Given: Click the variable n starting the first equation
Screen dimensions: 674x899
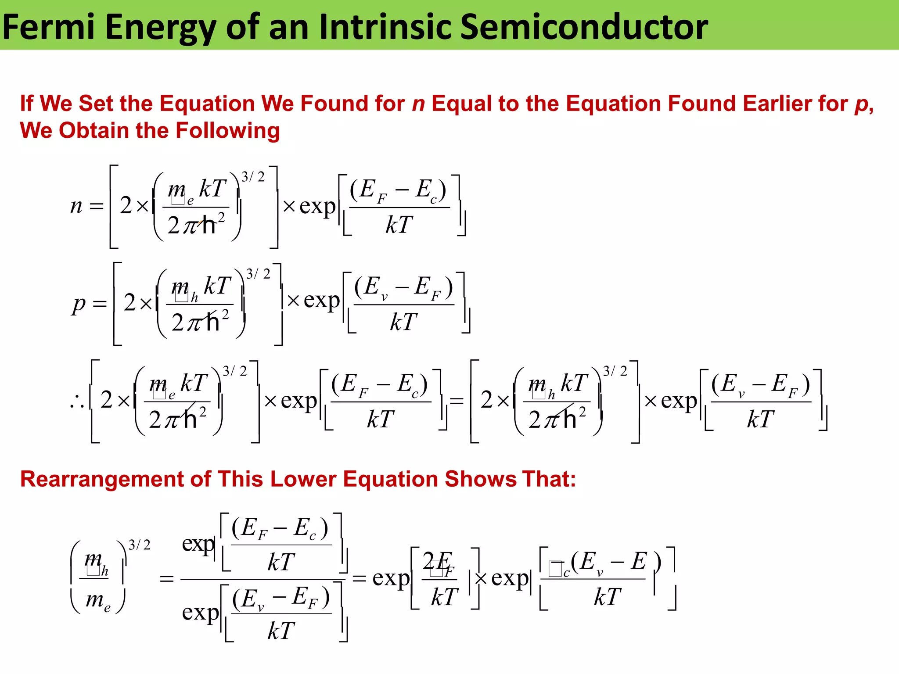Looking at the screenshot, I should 76,205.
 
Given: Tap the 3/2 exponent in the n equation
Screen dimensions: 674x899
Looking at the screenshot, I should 253,177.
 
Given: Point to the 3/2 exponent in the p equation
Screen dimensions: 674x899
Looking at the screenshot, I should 258,274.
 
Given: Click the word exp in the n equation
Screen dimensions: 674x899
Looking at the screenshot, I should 317,206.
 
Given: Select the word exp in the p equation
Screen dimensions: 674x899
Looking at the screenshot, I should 322,300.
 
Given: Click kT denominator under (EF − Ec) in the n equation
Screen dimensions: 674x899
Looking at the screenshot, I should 399,225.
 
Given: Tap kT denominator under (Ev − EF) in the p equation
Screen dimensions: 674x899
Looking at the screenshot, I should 403,322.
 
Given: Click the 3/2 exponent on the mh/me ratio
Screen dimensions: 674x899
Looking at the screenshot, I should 139,545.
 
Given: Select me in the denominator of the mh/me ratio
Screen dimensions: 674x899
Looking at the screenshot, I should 98,600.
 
